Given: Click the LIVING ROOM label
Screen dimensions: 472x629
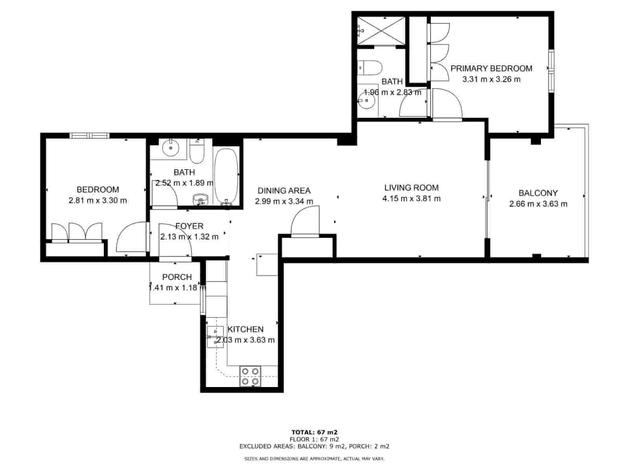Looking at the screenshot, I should click(x=411, y=188).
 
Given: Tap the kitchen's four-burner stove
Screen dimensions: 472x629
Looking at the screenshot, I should click(x=250, y=376).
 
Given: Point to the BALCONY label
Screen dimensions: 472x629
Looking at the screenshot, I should click(x=538, y=193).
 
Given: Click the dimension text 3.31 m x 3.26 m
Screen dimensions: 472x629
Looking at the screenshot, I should click(x=491, y=79).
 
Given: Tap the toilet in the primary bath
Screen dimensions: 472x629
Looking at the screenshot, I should click(x=370, y=68).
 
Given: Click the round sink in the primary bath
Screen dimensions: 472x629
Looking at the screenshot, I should click(x=367, y=100).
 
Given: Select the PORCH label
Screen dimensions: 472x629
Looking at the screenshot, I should click(x=177, y=277).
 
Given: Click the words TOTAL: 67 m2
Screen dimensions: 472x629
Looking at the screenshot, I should click(x=314, y=432).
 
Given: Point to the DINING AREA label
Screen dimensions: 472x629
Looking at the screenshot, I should click(x=284, y=191).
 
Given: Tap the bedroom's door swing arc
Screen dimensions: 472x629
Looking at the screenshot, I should click(x=131, y=238).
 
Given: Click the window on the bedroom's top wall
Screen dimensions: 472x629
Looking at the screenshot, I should click(x=89, y=136).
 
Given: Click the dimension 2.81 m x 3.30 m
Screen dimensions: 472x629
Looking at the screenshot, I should click(x=97, y=201).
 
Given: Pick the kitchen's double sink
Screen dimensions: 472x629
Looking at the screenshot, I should click(x=215, y=337).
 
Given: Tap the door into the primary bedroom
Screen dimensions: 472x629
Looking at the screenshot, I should click(x=447, y=103).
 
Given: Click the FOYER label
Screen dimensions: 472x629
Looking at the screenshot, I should click(x=189, y=226).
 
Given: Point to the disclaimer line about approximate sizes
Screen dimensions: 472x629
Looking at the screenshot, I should click(x=314, y=459).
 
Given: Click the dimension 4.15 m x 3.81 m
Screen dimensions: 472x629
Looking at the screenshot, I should click(x=411, y=199).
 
